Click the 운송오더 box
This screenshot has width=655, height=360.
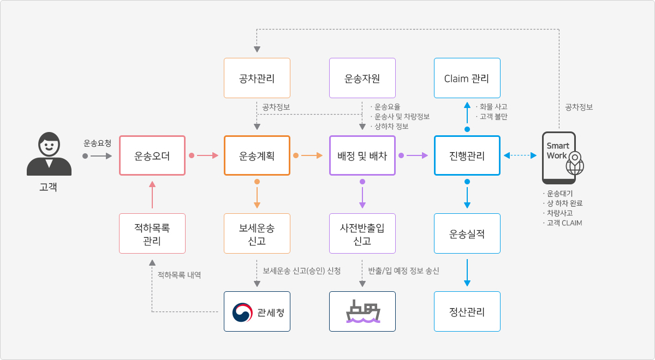tap(152, 155)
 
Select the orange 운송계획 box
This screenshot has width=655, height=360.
tap(257, 155)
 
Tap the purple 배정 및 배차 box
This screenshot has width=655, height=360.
tap(362, 155)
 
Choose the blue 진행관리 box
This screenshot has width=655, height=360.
tap(467, 155)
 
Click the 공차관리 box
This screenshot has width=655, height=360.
tap(257, 78)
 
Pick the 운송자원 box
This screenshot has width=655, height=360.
tap(362, 78)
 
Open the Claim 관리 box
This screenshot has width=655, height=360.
tap(467, 78)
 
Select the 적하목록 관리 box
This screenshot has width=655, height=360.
tap(152, 233)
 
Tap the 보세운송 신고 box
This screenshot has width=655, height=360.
tap(257, 233)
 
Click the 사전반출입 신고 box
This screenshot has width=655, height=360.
tap(362, 233)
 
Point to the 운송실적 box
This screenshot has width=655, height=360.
tap(467, 233)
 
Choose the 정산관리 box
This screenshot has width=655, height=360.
tap(467, 311)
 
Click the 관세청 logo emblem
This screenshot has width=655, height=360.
tap(242, 312)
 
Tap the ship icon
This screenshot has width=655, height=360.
tap(362, 311)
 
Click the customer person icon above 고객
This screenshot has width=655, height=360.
tap(49, 154)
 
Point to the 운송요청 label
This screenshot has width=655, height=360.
tap(97, 143)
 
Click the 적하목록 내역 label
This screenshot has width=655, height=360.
tap(179, 275)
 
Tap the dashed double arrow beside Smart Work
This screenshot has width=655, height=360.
tap(520, 156)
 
